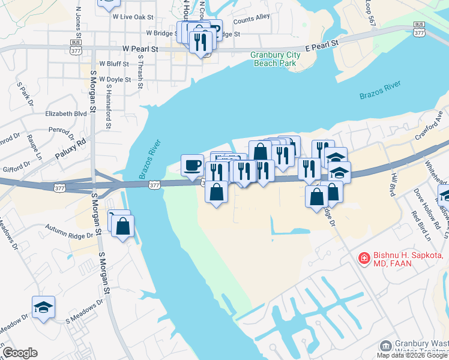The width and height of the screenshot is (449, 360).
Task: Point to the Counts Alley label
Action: pos(252,19)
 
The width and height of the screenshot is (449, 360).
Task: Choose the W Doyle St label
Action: pos(115,79)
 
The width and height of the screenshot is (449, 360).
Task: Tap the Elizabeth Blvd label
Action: pos(67,113)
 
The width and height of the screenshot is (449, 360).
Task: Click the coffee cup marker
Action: pos(192,164)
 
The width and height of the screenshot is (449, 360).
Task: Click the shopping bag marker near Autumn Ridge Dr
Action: pos(122,226)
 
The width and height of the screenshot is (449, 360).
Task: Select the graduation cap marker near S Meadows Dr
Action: pos(43,307)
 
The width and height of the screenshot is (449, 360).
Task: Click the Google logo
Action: pos(20,353)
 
